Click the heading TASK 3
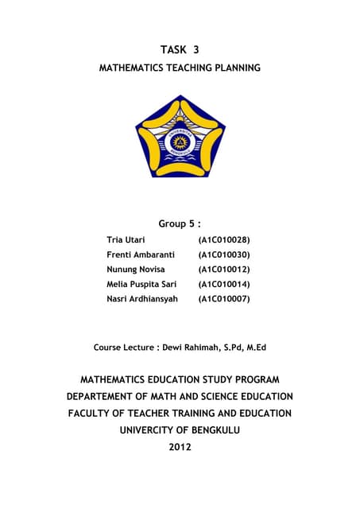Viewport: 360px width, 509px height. point(180,49)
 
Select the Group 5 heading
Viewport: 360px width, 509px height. point(180,224)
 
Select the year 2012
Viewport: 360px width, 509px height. point(180,447)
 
